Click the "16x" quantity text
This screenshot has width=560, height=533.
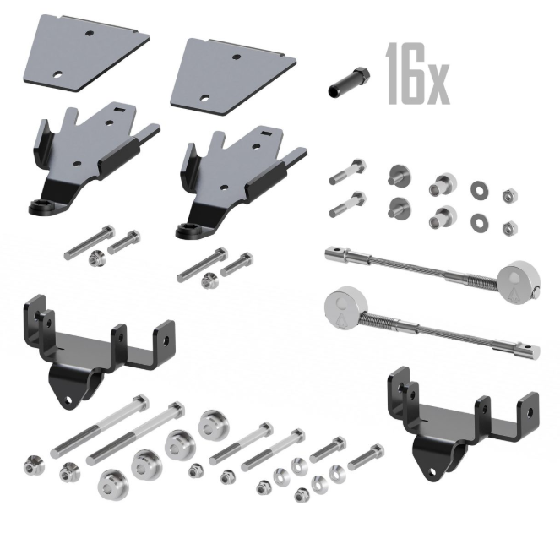tap(417, 74)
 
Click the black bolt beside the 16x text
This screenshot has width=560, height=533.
tap(349, 81)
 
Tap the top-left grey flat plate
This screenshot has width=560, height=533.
tap(85, 53)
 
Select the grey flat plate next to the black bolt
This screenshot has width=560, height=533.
tap(233, 77)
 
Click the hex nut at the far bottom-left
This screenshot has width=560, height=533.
tap(35, 465)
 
